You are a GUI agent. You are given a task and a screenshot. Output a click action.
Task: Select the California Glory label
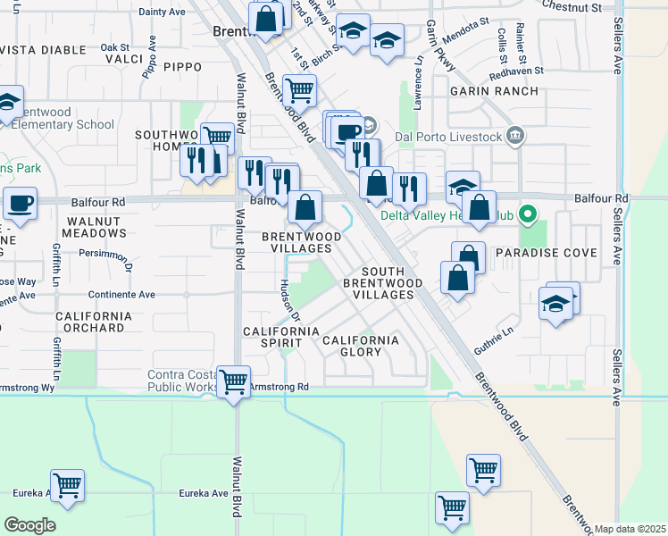point(361,346)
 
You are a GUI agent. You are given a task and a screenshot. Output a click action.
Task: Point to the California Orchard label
point(94,322)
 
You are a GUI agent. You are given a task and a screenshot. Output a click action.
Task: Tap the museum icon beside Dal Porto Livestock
point(514,136)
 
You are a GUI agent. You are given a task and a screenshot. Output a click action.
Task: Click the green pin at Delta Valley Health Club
point(527,214)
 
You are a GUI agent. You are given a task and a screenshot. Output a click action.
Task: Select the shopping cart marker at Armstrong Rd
point(233,382)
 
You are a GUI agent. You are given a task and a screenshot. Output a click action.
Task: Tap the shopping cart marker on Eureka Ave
point(67,486)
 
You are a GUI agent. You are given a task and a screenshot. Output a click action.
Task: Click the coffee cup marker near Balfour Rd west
point(20,203)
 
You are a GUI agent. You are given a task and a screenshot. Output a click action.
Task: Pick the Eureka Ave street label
point(204,493)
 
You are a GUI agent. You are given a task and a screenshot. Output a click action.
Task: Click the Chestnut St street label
point(572,7)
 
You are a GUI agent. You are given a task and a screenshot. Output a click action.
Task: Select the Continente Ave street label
point(121,294)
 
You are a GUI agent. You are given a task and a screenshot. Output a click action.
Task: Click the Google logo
point(29,525)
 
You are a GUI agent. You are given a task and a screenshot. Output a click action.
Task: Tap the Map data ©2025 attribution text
point(630,529)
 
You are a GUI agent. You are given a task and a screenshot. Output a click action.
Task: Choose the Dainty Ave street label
point(162,12)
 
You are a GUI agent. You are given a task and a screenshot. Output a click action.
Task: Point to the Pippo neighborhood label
point(181,67)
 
